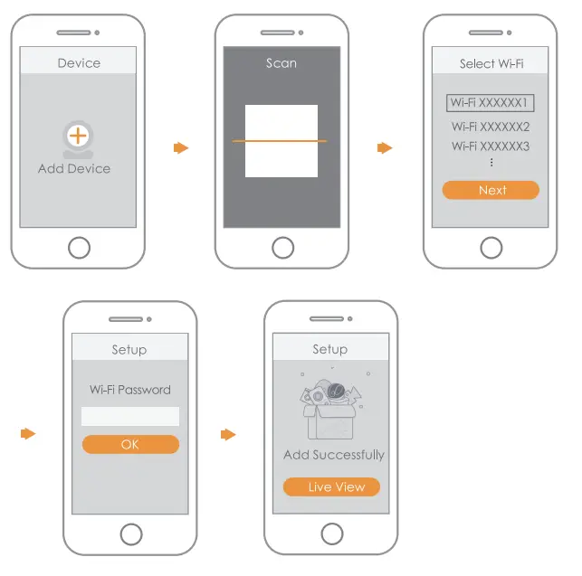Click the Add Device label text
coord(74,169)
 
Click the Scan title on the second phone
coord(281,63)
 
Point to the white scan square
coord(281,141)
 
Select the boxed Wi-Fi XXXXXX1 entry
coord(490,103)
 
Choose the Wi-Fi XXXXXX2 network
coord(491,127)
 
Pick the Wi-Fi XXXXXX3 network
coord(491,146)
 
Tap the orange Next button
coord(491,190)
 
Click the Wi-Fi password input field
coord(130,416)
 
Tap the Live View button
coord(331,486)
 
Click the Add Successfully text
coord(333,455)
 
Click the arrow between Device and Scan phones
coord(181,147)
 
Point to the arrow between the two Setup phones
coord(228,435)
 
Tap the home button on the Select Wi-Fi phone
coord(491,247)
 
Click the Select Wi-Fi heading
coord(491,63)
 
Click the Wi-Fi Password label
coord(130,390)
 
